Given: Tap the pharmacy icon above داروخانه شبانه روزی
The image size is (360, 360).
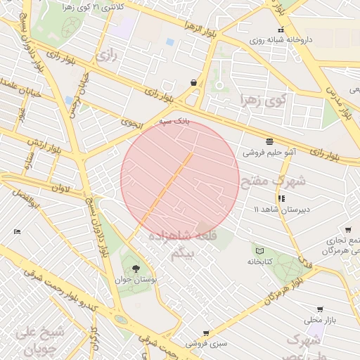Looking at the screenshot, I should [x=281, y=30].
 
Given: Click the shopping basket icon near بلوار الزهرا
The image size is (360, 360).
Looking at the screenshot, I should [x=193, y=82].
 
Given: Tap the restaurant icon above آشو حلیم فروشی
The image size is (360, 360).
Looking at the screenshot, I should [x=270, y=141].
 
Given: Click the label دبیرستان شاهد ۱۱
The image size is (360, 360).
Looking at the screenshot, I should [x=281, y=210].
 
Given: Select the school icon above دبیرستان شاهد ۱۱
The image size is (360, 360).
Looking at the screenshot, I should [x=281, y=199].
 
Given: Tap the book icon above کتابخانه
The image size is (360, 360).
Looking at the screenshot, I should [x=259, y=251].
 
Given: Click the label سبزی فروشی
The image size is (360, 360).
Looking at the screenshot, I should [x=206, y=344].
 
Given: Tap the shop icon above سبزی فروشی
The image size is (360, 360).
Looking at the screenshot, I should [x=205, y=333].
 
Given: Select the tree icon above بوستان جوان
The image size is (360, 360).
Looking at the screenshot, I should [x=135, y=268].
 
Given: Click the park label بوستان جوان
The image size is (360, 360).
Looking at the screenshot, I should [x=135, y=279].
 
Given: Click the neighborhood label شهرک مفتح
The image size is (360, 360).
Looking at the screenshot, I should [x=274, y=181].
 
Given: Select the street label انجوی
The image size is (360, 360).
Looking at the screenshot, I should [x=131, y=122].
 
